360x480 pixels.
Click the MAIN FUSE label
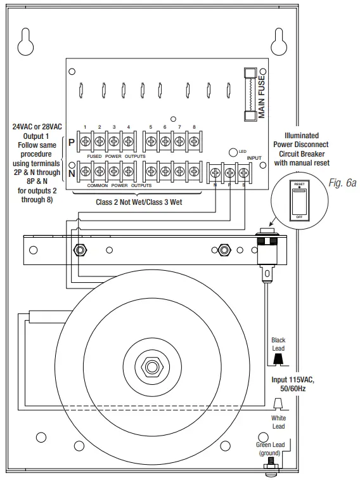coord(260,95)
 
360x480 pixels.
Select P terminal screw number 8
coord(194,141)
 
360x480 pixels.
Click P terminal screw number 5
coord(151,141)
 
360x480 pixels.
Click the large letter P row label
coord(72,142)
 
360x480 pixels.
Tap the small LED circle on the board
coord(233,152)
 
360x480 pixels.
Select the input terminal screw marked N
coord(215,171)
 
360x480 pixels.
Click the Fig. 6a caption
coord(343,183)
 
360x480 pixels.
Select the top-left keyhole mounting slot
coord(25,39)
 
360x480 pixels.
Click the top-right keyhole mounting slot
coord(280,39)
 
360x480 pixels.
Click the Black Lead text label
coord(278,344)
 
